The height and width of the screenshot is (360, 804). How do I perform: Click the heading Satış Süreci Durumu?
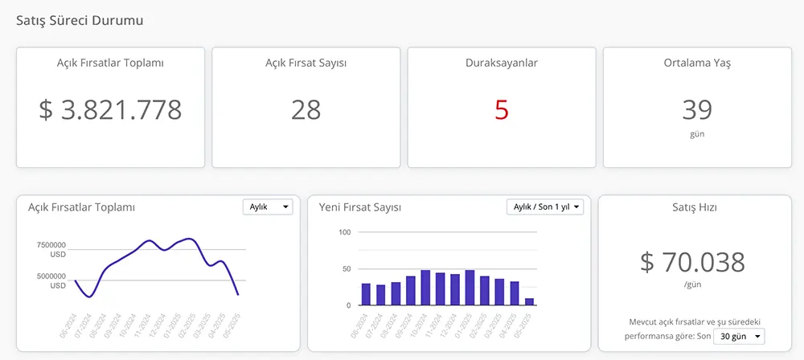tap(80, 20)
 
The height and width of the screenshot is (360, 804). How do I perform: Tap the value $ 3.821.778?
tap(110, 109)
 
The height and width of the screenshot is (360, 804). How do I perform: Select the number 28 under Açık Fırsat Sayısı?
tap(306, 109)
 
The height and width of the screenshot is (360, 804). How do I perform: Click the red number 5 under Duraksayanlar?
tap(502, 109)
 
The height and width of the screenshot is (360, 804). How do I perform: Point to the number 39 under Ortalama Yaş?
tap(697, 109)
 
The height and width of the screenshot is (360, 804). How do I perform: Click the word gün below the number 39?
tap(697, 133)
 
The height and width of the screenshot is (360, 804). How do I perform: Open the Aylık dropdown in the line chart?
tap(269, 207)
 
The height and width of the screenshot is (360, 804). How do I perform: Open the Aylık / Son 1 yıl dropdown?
tap(545, 207)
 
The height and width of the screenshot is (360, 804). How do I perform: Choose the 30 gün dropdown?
tap(740, 336)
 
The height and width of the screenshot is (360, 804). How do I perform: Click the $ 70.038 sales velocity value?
tap(692, 262)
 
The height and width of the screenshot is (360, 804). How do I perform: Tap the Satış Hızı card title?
tap(694, 207)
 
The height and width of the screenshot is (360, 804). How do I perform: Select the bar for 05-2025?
tap(529, 301)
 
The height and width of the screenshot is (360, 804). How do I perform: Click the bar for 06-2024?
tap(366, 294)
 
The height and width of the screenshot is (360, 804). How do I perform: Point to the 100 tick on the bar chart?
tap(345, 232)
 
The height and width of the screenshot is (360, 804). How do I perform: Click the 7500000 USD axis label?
tap(51, 249)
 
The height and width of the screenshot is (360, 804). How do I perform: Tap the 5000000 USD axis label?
tap(51, 280)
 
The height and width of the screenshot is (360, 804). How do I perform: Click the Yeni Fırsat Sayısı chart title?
tap(360, 207)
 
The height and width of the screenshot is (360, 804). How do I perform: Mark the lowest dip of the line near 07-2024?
tap(90, 297)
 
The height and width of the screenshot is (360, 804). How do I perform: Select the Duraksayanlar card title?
tap(502, 63)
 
